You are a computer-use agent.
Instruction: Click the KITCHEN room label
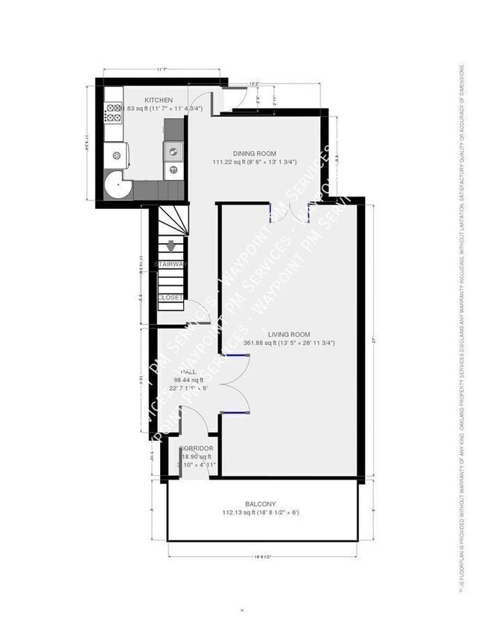coord(159,100)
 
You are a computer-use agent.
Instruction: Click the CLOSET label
coord(171,297)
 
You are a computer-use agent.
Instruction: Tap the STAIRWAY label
coord(171,265)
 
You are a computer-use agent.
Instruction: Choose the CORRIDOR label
coord(197,448)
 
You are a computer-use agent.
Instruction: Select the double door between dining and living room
coord(290,212)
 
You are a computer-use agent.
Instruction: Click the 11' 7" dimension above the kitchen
coord(161,70)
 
